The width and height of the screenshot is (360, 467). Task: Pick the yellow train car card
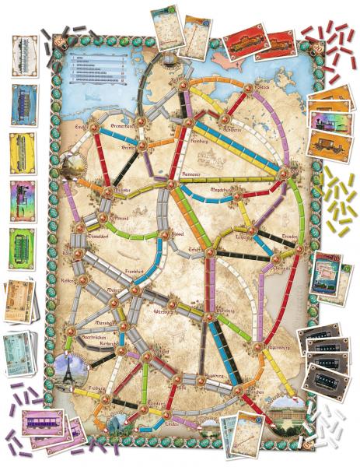pyautogui.click(x=22, y=151)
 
